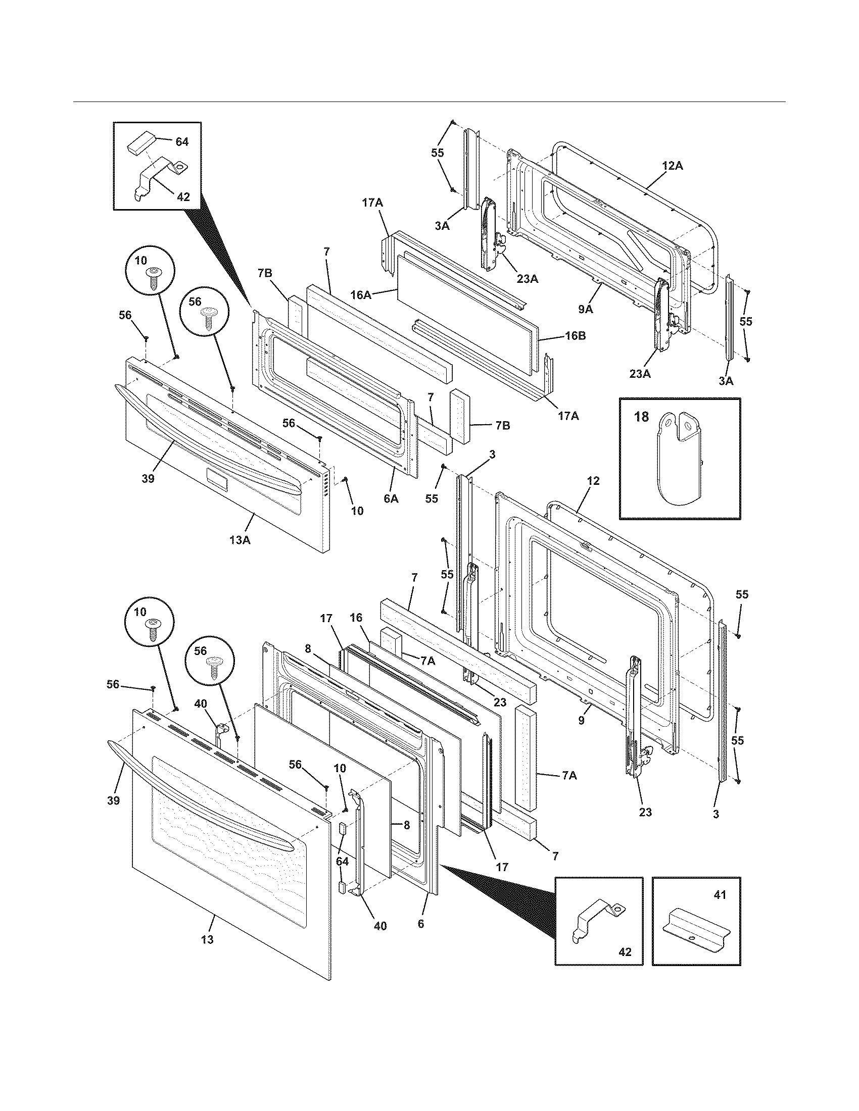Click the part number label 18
(642, 417)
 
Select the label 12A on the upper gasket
(672, 166)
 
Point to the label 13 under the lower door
(207, 940)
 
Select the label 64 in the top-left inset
(182, 142)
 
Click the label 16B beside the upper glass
(575, 337)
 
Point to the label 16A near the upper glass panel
(360, 294)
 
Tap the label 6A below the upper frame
(390, 499)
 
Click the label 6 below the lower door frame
(420, 924)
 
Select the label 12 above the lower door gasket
(593, 481)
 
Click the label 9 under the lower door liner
(581, 720)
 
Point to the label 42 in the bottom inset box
(625, 952)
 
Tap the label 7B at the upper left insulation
(265, 273)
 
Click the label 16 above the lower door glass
(356, 618)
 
